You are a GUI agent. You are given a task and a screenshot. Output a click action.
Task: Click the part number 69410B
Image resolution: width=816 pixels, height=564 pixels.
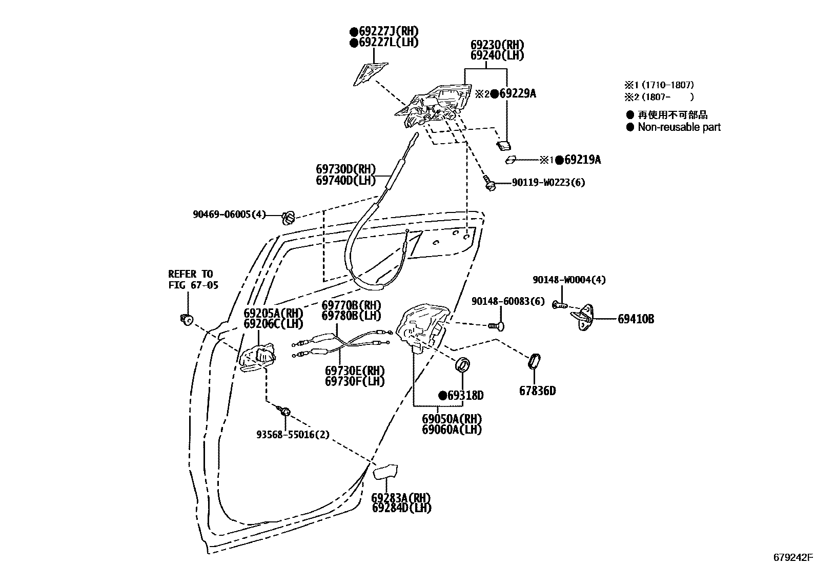click(x=636, y=319)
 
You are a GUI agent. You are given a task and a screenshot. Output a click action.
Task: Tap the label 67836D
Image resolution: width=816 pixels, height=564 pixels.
click(x=537, y=391)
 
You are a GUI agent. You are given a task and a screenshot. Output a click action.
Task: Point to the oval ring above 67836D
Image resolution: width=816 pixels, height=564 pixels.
click(x=534, y=361)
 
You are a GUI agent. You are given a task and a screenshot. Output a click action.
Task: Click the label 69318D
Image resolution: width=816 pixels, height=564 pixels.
click(x=464, y=396)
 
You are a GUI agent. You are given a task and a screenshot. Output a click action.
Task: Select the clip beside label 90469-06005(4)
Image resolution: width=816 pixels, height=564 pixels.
click(x=289, y=218)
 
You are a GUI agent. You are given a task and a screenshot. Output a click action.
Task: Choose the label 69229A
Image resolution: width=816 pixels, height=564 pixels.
click(x=518, y=93)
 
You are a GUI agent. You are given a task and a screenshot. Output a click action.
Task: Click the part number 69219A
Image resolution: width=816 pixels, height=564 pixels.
click(x=582, y=160)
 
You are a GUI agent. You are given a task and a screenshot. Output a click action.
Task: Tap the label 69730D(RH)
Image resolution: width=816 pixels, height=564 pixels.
click(x=345, y=169)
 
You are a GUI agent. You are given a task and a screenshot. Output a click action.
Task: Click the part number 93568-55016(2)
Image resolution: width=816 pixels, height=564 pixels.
click(x=293, y=435)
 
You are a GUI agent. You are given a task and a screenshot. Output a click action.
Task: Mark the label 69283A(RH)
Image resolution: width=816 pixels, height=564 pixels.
click(x=401, y=498)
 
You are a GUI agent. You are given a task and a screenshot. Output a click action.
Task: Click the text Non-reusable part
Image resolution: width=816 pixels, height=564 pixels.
click(x=679, y=127)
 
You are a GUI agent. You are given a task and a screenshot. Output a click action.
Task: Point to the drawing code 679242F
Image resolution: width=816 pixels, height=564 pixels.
click(x=793, y=557)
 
